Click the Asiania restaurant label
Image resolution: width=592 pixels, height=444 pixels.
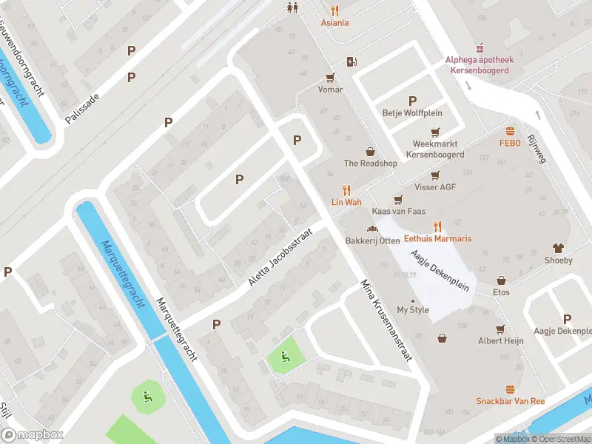(x=334, y=23)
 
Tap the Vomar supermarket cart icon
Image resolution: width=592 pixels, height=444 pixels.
(x=330, y=76)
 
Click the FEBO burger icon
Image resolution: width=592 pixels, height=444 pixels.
(x=510, y=131)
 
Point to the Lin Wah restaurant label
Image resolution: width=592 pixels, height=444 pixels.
(x=346, y=202)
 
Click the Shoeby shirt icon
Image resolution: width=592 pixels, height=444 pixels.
(x=558, y=249)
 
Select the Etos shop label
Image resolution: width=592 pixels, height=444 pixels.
(x=501, y=292)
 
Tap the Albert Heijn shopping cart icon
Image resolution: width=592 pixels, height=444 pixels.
(x=501, y=329)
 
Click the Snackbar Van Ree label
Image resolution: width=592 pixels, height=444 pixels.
(x=510, y=401)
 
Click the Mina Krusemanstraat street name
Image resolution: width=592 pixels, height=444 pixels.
(x=385, y=320)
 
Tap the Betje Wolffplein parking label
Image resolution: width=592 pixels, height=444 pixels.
(x=411, y=113)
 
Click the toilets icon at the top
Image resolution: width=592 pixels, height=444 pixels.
(x=293, y=8)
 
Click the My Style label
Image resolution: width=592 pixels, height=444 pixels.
(x=413, y=310)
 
